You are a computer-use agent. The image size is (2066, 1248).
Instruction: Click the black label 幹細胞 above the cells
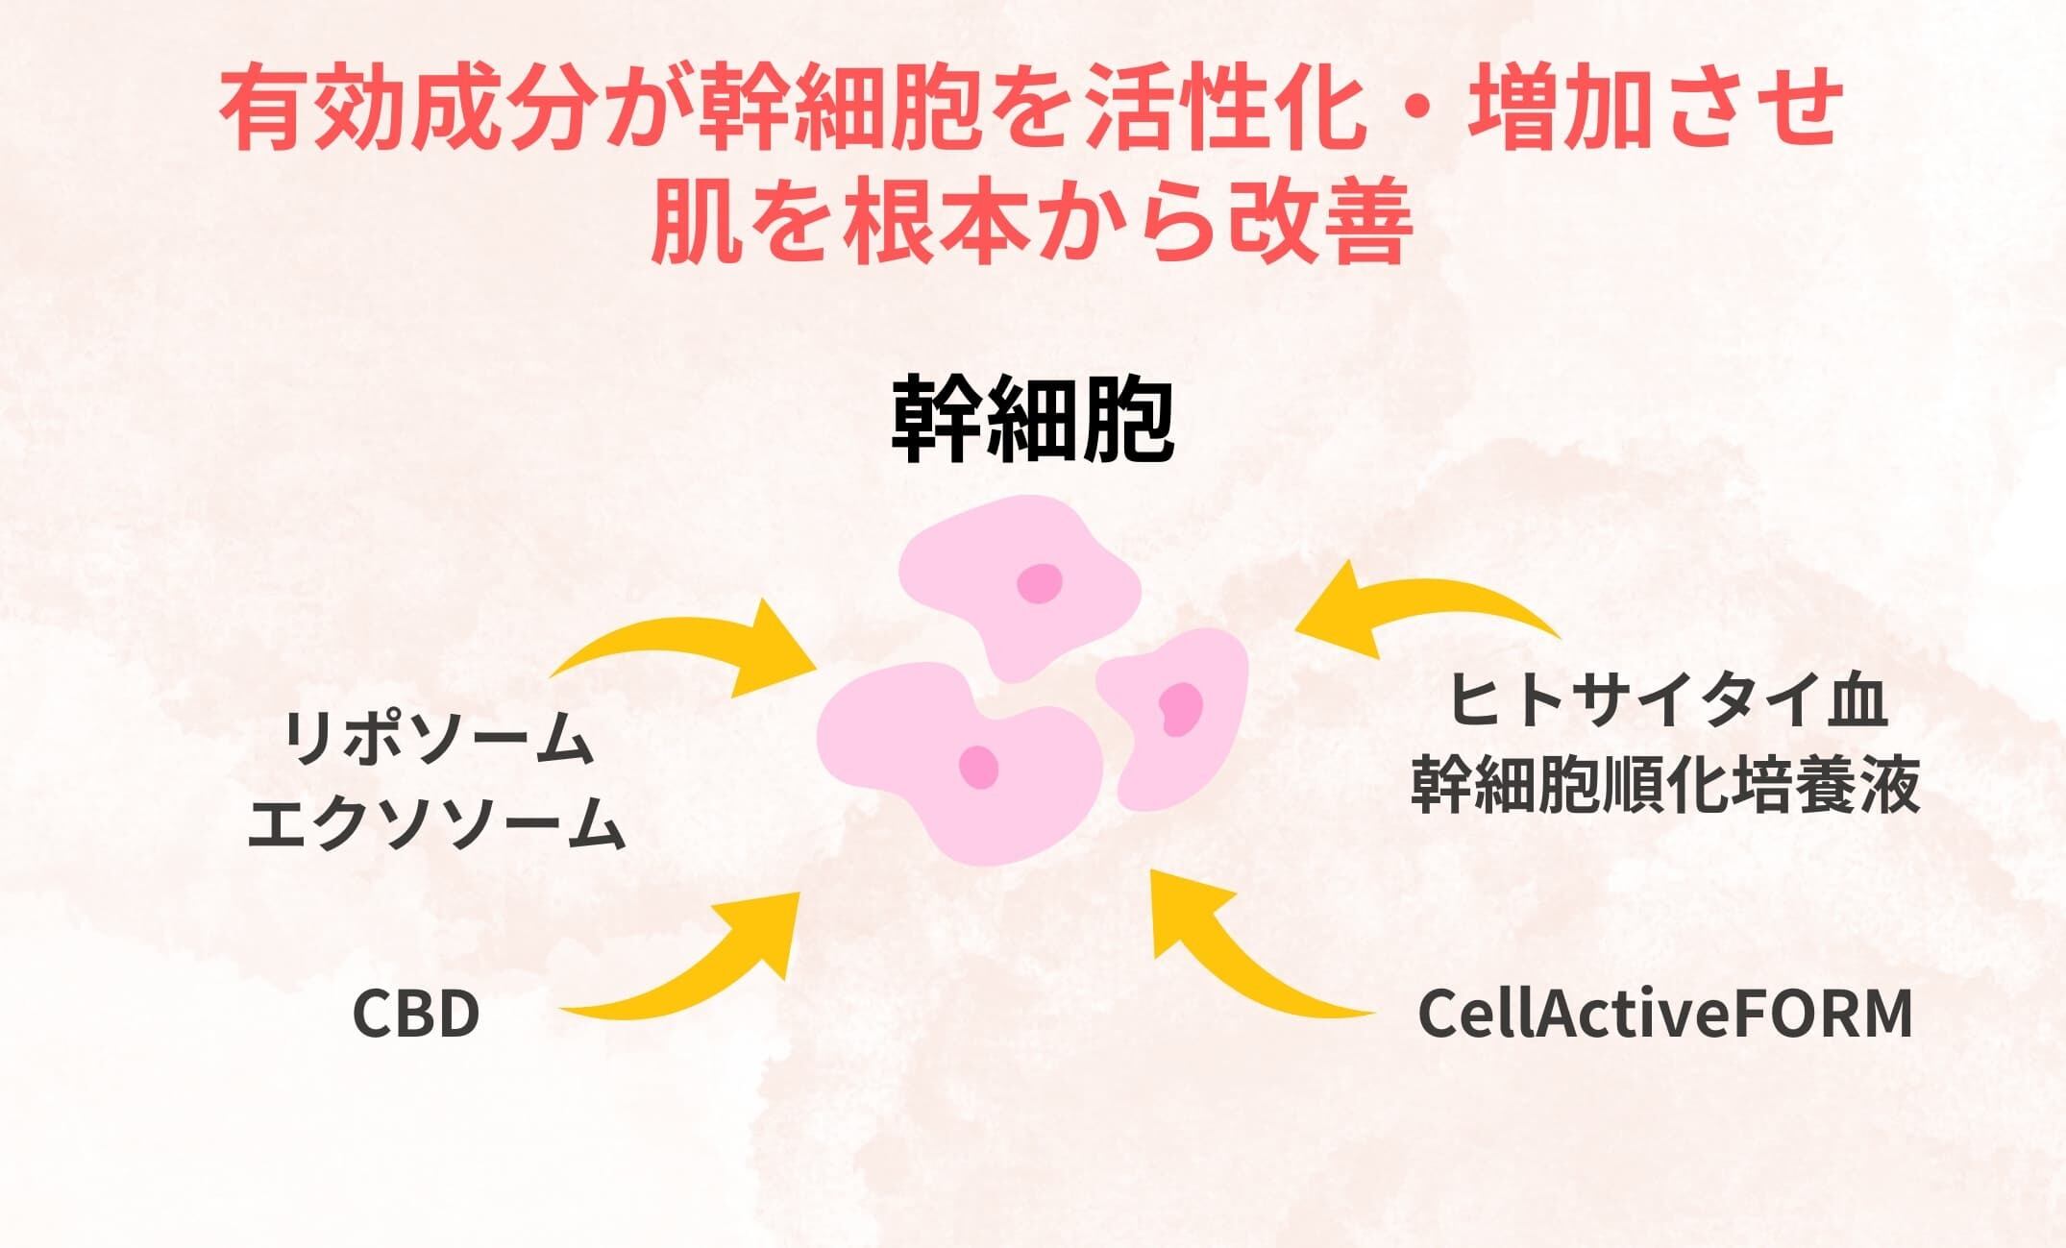1032,421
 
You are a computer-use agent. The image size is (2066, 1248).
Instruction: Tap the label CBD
415,1015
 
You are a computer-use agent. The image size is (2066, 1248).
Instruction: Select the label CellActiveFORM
1665,1014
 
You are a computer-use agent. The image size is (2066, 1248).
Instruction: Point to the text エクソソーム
437,823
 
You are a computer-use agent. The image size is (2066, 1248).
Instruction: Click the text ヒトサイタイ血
1666,700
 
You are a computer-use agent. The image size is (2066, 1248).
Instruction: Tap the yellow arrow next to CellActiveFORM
1240,961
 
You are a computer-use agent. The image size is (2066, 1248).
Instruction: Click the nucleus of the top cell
1040,583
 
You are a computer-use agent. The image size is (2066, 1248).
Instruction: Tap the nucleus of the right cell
1181,708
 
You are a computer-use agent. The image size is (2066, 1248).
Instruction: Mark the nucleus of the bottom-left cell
979,768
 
